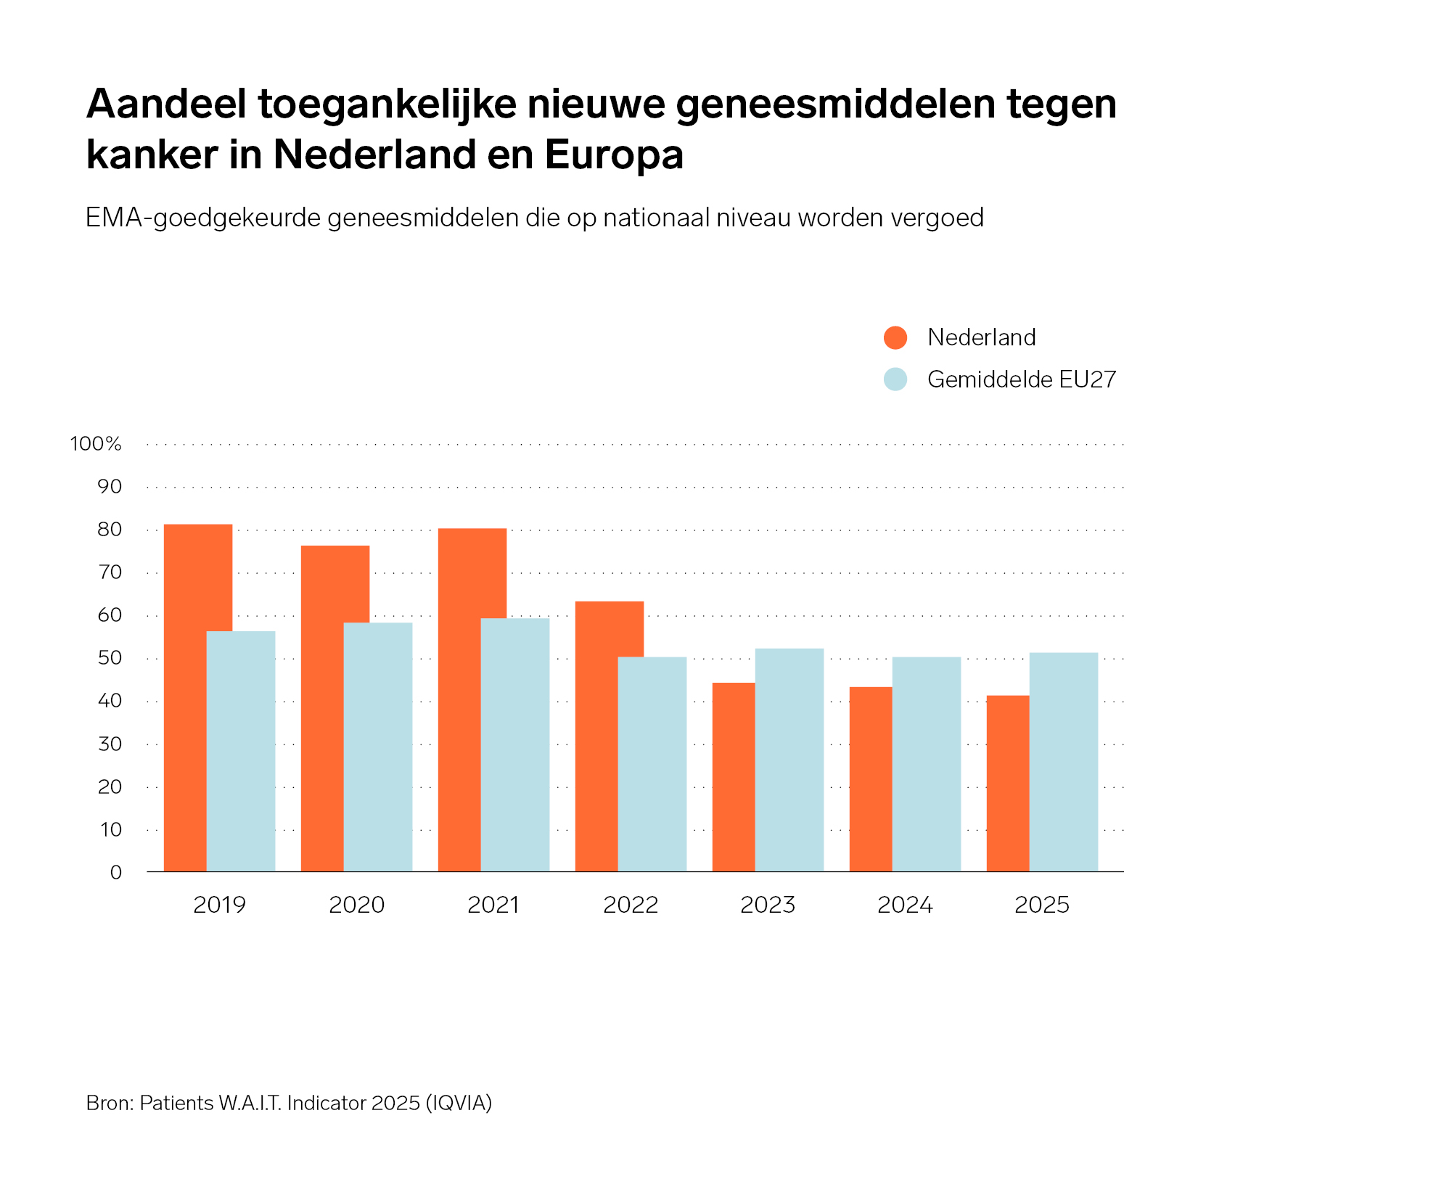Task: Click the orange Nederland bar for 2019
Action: (185, 697)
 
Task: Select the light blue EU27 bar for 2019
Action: (241, 751)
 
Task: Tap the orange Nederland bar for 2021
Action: (459, 699)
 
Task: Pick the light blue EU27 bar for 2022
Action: (652, 764)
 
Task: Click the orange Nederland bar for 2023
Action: (734, 777)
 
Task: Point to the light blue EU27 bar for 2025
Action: (1064, 762)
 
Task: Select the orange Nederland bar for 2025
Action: (1008, 784)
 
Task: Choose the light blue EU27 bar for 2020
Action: (378, 747)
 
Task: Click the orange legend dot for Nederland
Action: (895, 337)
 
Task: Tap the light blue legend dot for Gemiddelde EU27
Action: (895, 379)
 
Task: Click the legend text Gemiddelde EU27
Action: (1022, 379)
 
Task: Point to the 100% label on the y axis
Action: (96, 443)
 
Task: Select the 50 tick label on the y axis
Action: (110, 658)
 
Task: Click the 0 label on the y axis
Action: (116, 872)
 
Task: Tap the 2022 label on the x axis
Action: (631, 905)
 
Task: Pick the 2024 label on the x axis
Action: (905, 905)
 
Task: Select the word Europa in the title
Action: (614, 155)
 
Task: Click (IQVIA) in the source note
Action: (459, 1103)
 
